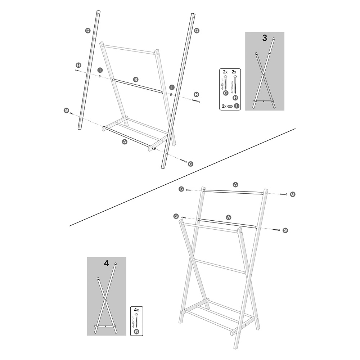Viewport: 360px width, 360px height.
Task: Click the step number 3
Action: pyautogui.click(x=265, y=38)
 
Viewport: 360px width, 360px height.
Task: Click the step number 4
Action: pyautogui.click(x=107, y=263)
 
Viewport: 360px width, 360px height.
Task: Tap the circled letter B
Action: pyautogui.click(x=136, y=80)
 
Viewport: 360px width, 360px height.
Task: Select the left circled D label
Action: pyautogui.click(x=88, y=31)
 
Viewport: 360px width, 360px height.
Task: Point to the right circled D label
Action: pyautogui.click(x=197, y=31)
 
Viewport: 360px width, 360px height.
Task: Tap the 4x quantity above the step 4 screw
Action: pyautogui.click(x=136, y=310)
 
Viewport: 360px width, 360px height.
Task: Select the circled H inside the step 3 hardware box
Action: pyautogui.click(x=235, y=98)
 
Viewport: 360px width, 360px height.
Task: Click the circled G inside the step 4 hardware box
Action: pyautogui.click(x=136, y=331)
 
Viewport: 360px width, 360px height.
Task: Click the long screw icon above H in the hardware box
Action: pyautogui.click(x=235, y=84)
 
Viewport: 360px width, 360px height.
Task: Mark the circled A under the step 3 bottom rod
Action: pyautogui.click(x=125, y=141)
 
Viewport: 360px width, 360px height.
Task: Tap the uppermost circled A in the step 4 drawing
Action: pyautogui.click(x=235, y=184)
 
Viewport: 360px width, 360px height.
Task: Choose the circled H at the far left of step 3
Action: pyautogui.click(x=78, y=65)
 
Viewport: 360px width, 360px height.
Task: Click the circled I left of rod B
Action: pyautogui.click(x=100, y=70)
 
